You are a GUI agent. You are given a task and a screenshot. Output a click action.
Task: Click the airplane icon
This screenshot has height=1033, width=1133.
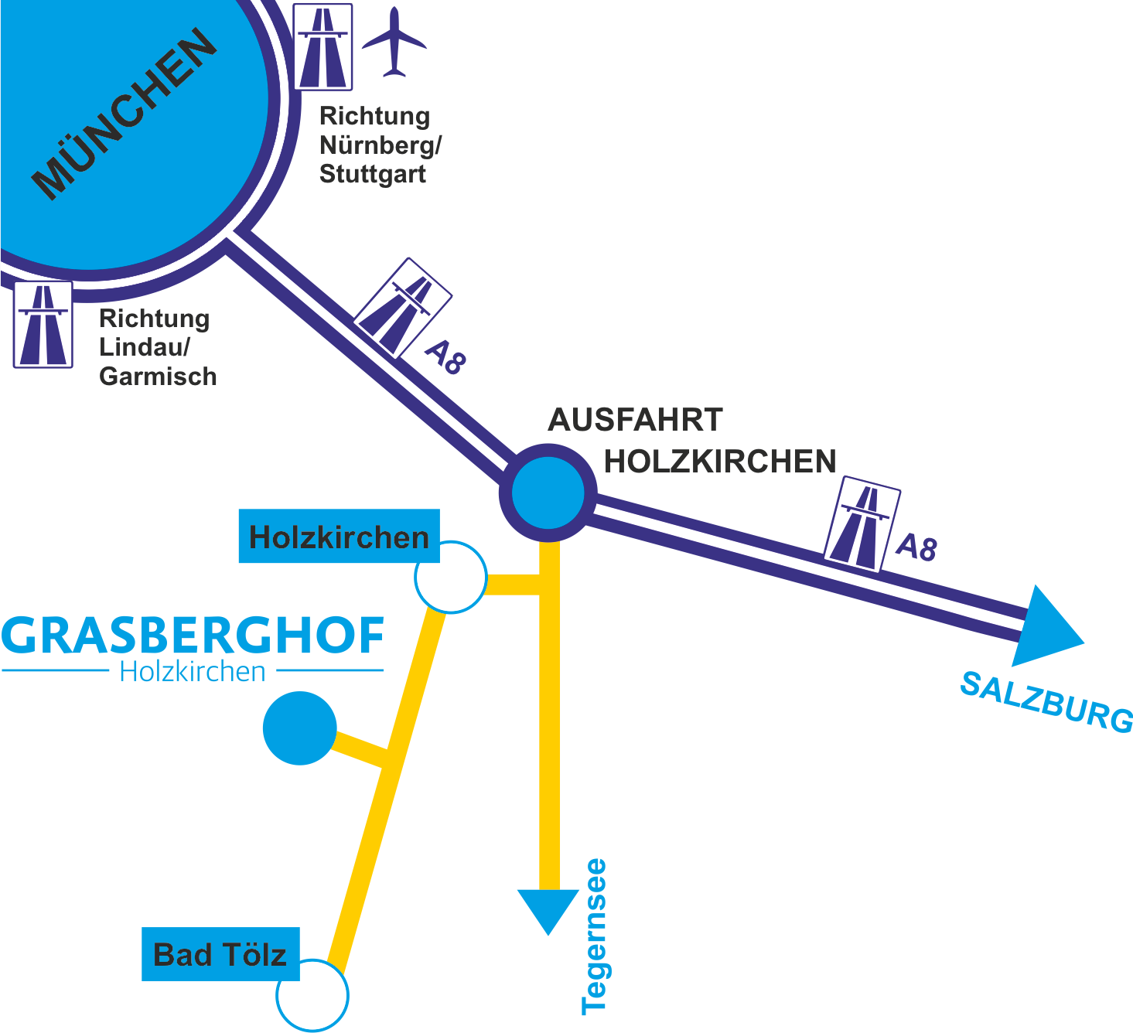[394, 43]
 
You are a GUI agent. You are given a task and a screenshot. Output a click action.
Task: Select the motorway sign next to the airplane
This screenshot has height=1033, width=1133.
[323, 47]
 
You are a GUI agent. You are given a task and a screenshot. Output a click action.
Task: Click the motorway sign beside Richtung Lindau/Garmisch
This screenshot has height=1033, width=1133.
[43, 325]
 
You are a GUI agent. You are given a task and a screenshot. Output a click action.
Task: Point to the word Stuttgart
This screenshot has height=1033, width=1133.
[372, 174]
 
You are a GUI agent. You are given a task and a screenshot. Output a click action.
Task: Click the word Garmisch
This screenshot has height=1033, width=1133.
[158, 377]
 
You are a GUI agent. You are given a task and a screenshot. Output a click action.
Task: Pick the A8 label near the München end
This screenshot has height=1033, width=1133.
[446, 357]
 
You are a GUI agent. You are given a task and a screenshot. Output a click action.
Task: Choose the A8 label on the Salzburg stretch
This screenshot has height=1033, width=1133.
[916, 547]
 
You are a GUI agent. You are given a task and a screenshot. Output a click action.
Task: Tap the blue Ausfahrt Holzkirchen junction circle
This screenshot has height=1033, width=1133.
[548, 493]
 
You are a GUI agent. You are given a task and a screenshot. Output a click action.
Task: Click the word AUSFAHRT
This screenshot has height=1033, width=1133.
[635, 421]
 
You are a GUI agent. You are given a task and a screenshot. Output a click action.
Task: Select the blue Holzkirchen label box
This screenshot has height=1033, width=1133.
[339, 537]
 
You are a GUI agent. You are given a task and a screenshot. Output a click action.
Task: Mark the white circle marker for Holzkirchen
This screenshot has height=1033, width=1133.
[451, 578]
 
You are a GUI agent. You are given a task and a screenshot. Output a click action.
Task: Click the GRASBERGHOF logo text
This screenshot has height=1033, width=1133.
[193, 636]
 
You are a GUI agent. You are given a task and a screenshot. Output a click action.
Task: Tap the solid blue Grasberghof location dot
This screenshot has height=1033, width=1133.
[300, 728]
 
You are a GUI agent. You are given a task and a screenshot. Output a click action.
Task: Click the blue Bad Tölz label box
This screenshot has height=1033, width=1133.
[220, 954]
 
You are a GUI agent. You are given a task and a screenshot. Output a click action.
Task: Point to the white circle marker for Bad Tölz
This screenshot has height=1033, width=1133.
[312, 995]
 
